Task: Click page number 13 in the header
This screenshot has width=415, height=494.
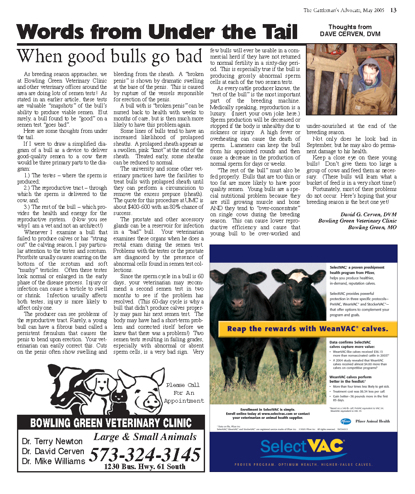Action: (x=393, y=10)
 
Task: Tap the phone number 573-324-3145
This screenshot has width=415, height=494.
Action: (x=145, y=455)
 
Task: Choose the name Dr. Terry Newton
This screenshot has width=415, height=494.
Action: (x=52, y=441)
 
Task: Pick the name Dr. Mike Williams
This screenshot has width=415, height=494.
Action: (x=54, y=461)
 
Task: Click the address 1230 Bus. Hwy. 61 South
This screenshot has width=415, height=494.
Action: (x=145, y=467)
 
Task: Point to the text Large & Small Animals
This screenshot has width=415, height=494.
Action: (x=145, y=437)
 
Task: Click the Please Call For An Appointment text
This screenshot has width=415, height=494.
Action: (x=184, y=393)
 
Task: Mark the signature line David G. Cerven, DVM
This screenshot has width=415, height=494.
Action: (x=364, y=214)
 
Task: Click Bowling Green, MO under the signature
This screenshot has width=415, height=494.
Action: (x=372, y=227)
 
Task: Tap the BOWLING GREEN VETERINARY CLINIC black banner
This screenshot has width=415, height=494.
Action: (x=111, y=423)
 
